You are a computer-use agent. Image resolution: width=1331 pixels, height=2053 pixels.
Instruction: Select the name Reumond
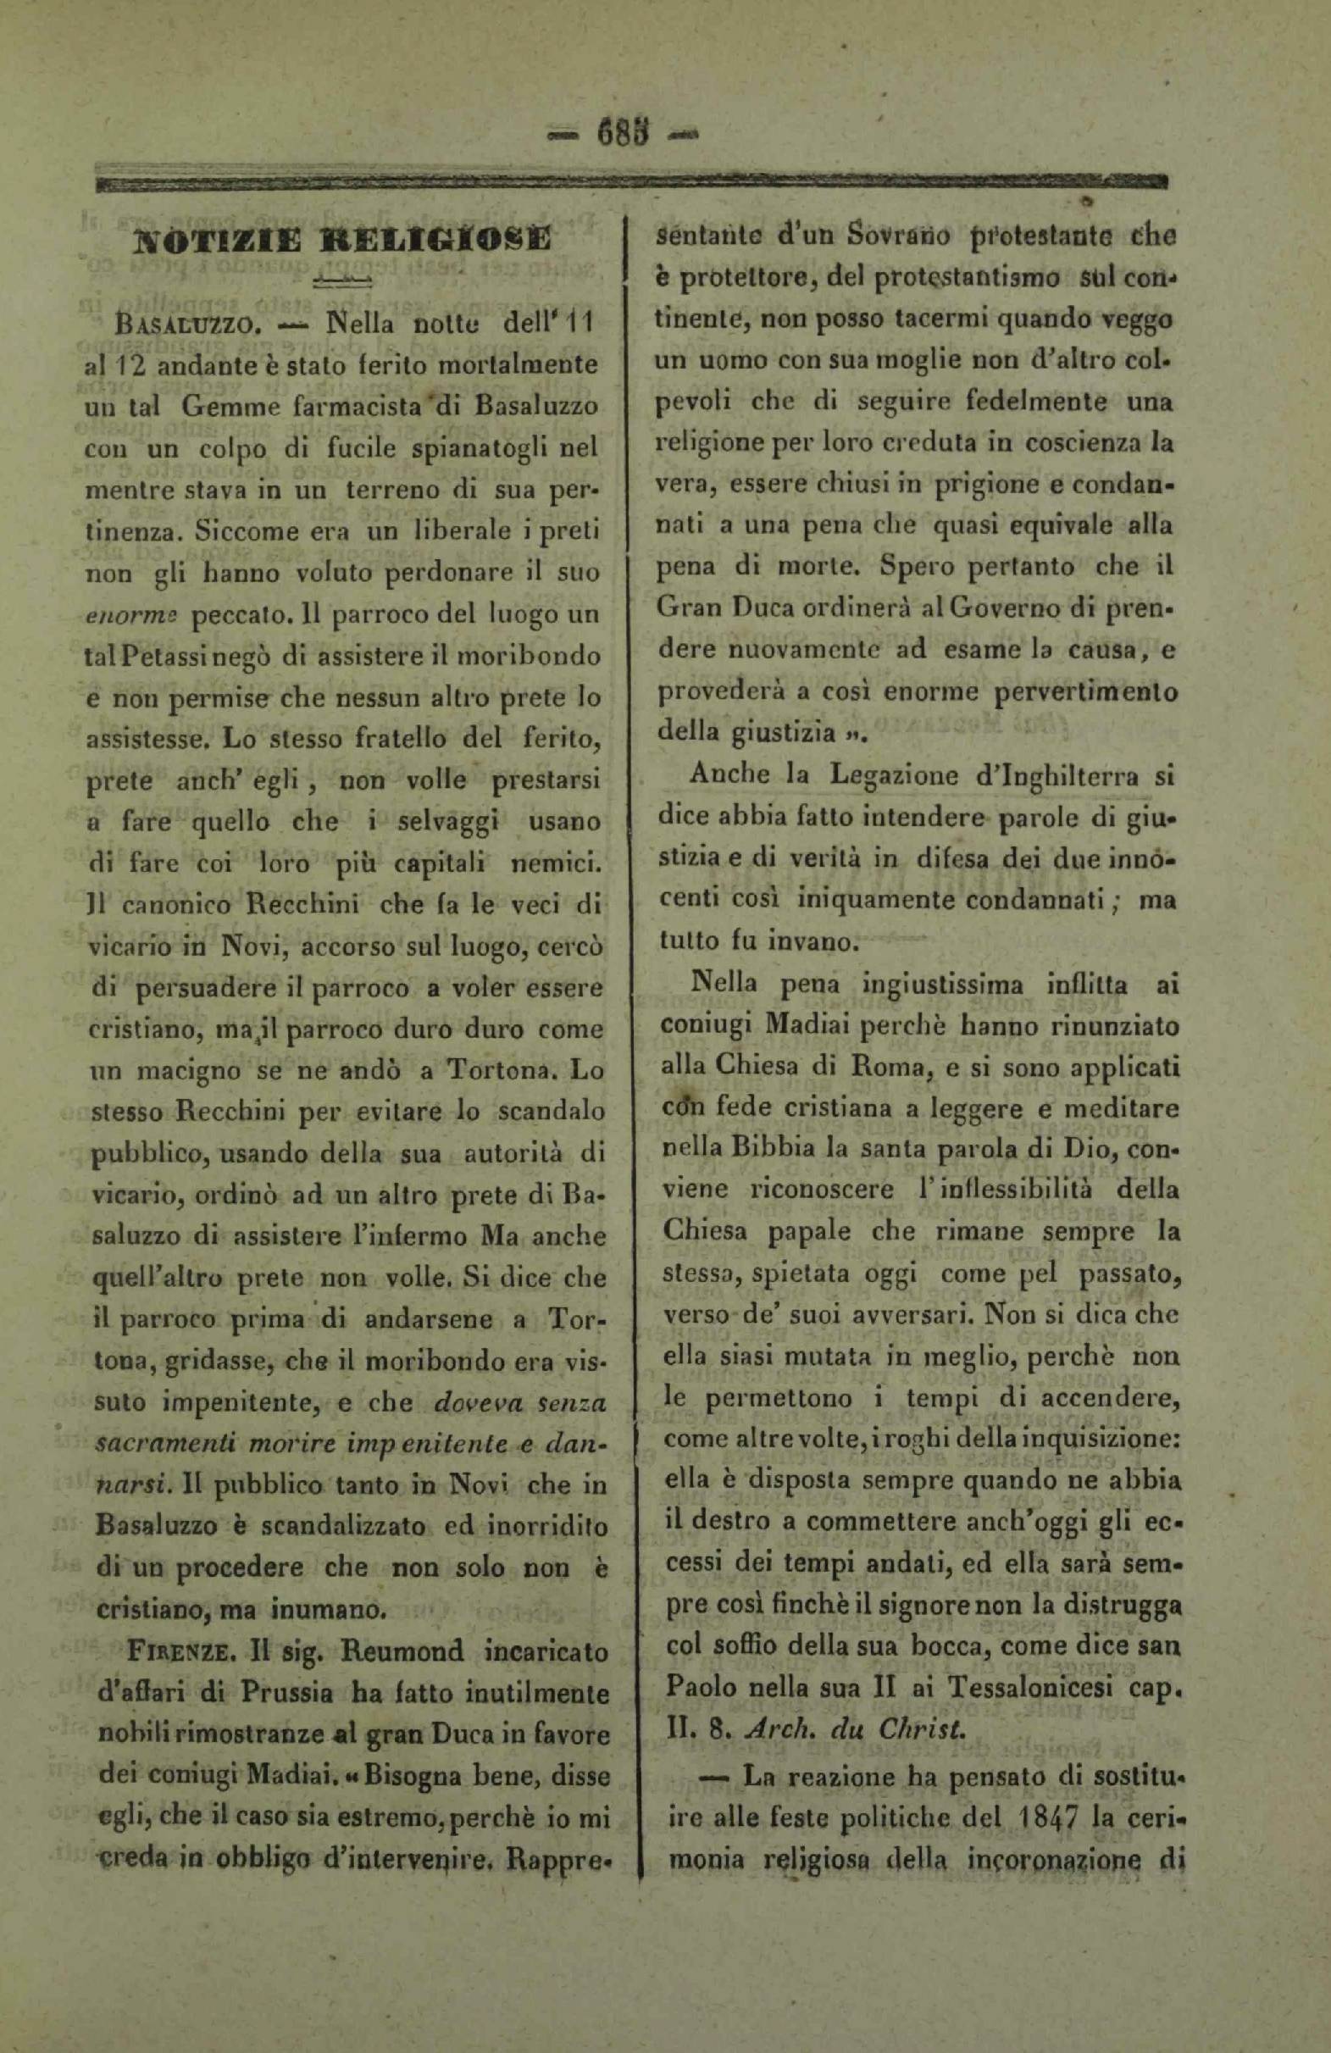pyautogui.click(x=402, y=1653)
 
